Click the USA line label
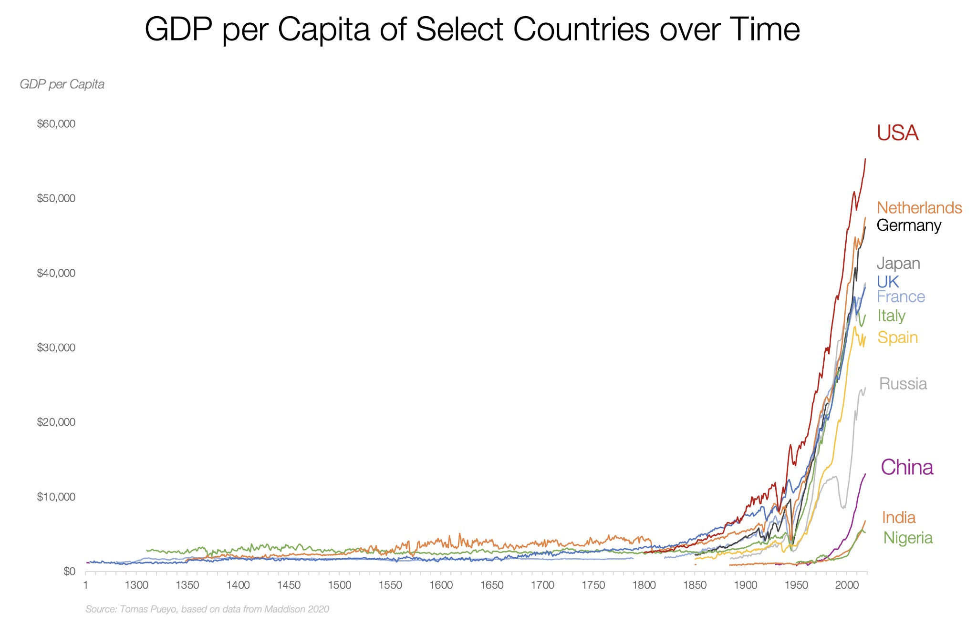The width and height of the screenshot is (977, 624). pyautogui.click(x=897, y=133)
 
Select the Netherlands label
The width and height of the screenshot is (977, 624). pyautogui.click(x=919, y=208)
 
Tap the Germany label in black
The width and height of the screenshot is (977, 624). pyautogui.click(x=909, y=225)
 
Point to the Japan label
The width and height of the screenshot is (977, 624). pyautogui.click(x=898, y=263)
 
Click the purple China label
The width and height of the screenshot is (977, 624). pyautogui.click(x=906, y=467)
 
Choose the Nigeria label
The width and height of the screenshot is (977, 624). pyautogui.click(x=907, y=538)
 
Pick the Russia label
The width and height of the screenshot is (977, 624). pyautogui.click(x=903, y=384)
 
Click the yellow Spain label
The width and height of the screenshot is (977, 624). pyautogui.click(x=897, y=338)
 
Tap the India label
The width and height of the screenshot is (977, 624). pyautogui.click(x=898, y=517)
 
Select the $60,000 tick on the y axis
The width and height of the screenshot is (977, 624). pyautogui.click(x=56, y=124)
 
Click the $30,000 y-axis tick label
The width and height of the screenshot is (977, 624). pyautogui.click(x=56, y=348)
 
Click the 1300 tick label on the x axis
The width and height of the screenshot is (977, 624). pyautogui.click(x=137, y=585)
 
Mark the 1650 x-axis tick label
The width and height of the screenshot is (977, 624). pyautogui.click(x=492, y=585)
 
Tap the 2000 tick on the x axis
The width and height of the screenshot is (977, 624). pyautogui.click(x=847, y=585)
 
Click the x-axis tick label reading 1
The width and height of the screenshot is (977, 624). pyautogui.click(x=85, y=585)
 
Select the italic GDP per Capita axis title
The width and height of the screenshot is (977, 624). pyautogui.click(x=62, y=85)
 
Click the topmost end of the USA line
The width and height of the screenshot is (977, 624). pyautogui.click(x=865, y=159)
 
